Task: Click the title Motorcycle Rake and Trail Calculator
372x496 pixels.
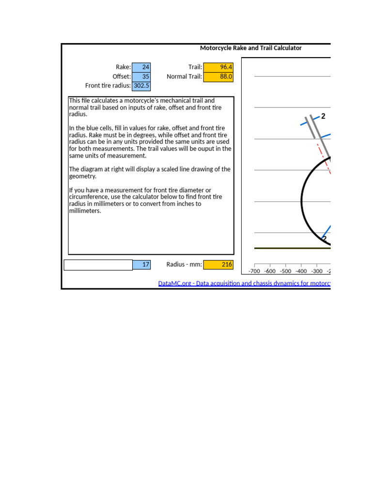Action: click(250, 48)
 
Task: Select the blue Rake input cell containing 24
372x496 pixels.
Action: click(141, 67)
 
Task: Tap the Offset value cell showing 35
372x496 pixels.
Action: click(141, 77)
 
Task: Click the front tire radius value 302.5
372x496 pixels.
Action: click(141, 86)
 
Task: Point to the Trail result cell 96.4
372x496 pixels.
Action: click(218, 67)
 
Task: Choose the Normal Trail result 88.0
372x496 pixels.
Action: click(218, 77)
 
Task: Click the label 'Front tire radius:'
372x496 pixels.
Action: click(108, 86)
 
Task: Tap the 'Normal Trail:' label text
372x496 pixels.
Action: click(184, 77)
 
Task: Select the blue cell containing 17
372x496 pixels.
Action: click(141, 264)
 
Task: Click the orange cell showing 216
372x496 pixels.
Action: click(218, 264)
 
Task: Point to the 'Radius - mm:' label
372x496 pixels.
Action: click(184, 264)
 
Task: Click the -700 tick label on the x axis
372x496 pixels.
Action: click(254, 271)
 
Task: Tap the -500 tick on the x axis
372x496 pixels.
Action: click(285, 271)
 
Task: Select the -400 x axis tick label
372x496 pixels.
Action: click(301, 271)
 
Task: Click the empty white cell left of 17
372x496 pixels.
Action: click(98, 264)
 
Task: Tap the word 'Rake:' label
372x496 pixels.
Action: click(123, 67)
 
